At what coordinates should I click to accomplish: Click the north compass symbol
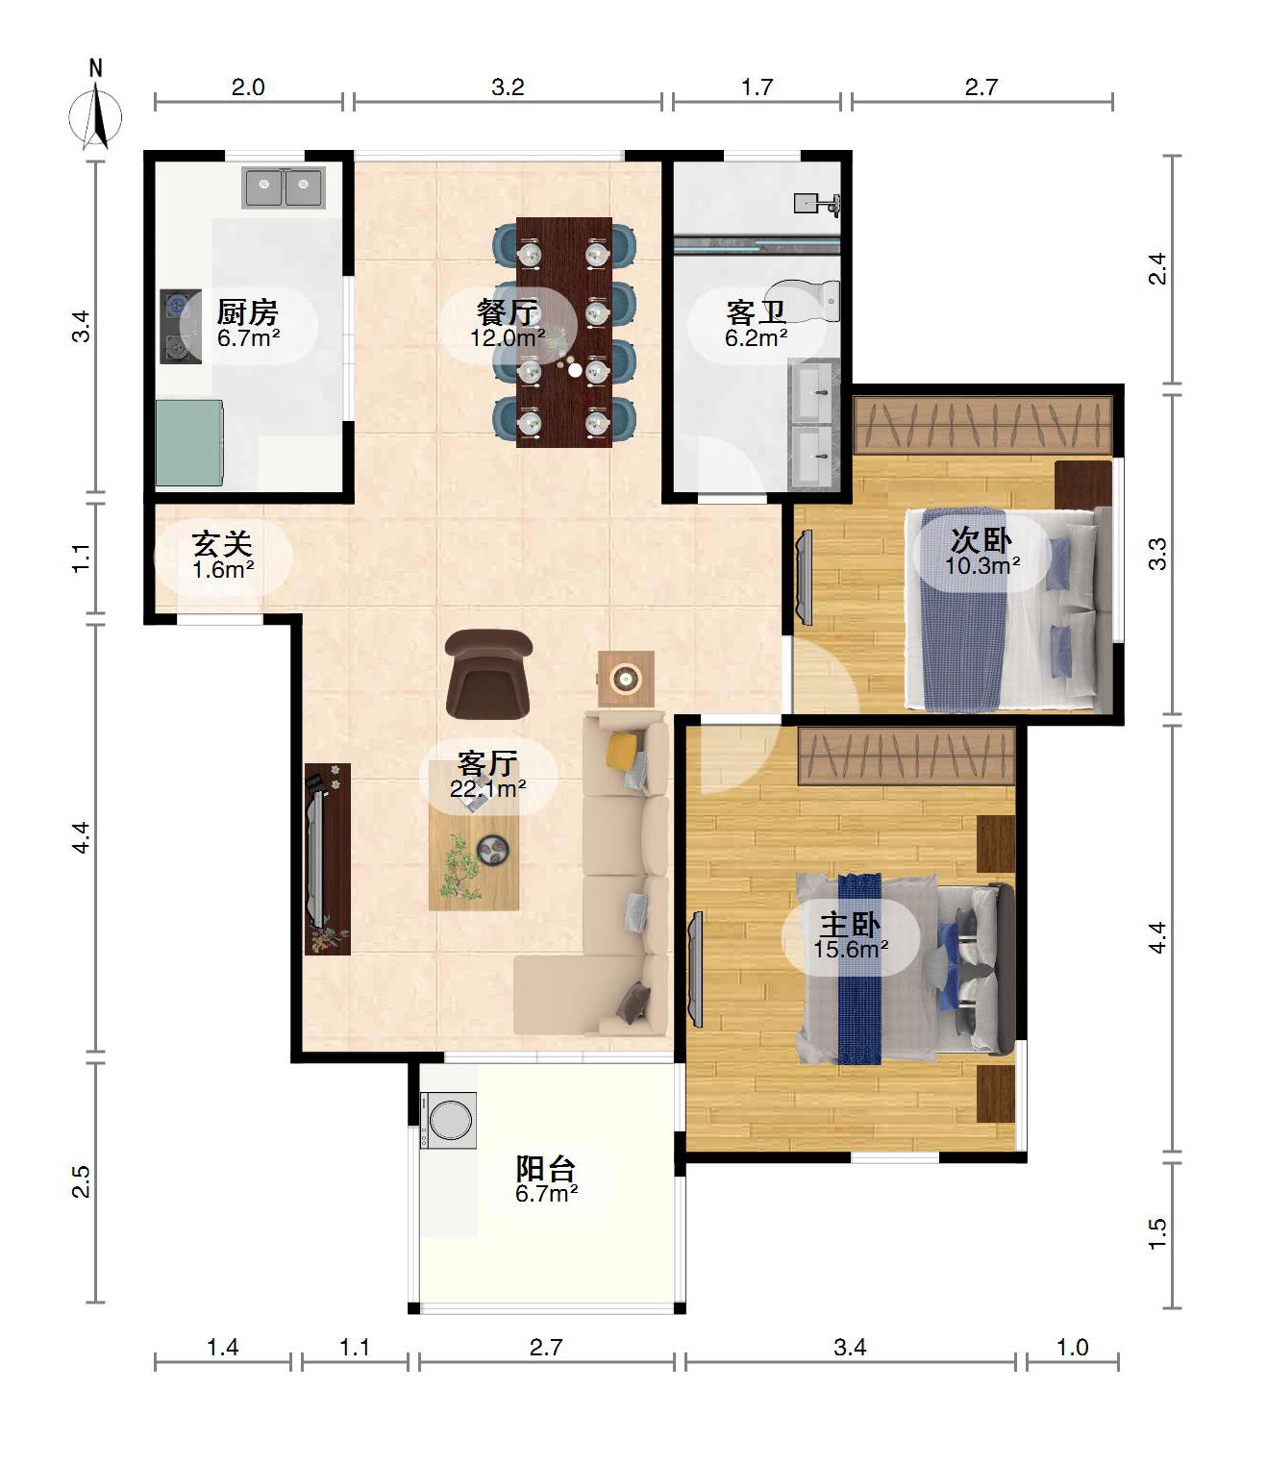(x=95, y=113)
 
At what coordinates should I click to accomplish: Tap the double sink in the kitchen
(x=284, y=187)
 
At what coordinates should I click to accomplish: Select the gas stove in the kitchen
(x=181, y=327)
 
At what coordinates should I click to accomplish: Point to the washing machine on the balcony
(x=448, y=1120)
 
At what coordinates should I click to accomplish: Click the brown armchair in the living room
(x=488, y=674)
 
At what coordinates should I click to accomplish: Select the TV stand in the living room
(x=328, y=858)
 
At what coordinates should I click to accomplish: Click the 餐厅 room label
(x=508, y=311)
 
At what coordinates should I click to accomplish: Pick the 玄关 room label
(x=222, y=544)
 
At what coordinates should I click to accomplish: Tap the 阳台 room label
(x=546, y=1169)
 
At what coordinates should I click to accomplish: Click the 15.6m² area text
(x=851, y=949)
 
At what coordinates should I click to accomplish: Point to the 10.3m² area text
(x=982, y=565)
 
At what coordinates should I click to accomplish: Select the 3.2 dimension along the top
(x=508, y=87)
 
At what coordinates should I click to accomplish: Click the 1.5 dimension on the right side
(x=1156, y=1234)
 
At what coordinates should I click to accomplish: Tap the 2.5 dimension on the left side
(x=82, y=1180)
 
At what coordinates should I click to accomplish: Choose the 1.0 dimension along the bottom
(x=1072, y=1347)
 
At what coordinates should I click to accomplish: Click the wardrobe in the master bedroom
(x=907, y=756)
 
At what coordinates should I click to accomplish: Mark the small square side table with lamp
(x=626, y=679)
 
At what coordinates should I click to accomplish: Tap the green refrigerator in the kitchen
(x=189, y=443)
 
